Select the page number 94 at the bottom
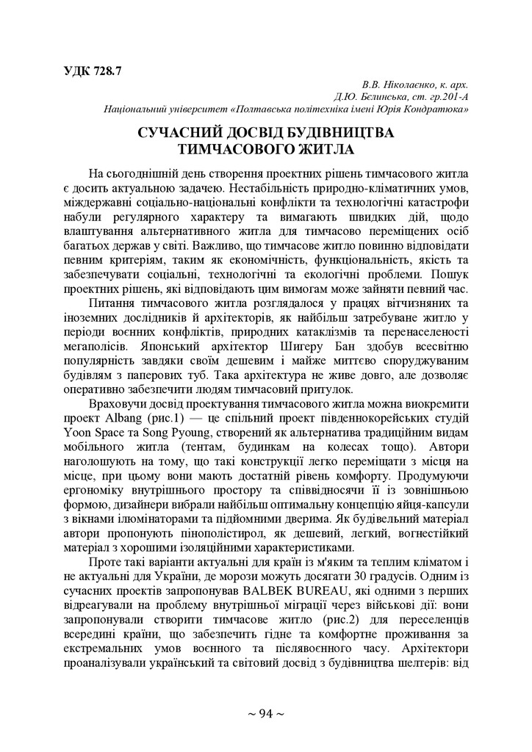266,713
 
